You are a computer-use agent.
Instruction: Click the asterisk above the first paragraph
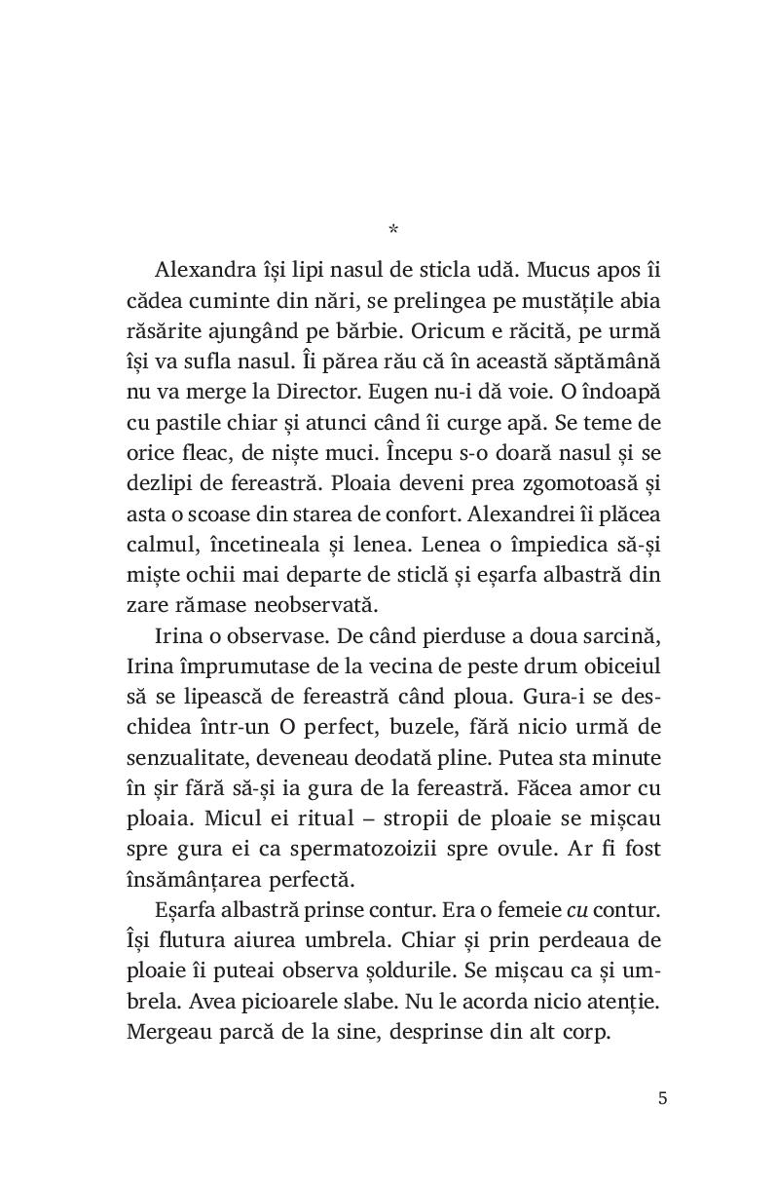coord(392,230)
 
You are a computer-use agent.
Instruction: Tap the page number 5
coord(662,1098)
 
